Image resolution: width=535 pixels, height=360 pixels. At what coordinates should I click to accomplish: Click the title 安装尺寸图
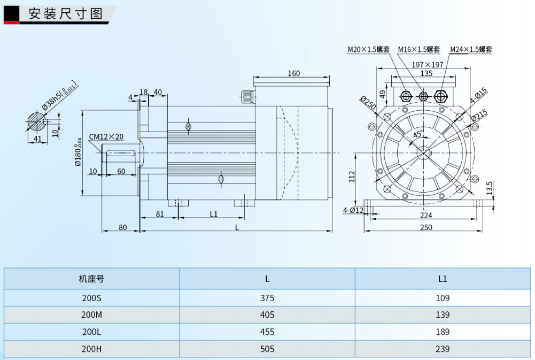point(65,14)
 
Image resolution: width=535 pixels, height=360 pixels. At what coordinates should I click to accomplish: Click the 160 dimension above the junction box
point(293,73)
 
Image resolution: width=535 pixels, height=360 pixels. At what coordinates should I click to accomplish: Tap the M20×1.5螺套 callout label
point(368,50)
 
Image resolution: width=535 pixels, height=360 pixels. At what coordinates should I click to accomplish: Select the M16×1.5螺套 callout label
point(418,50)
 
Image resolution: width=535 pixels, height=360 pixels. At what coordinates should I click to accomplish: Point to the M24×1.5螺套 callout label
point(470,50)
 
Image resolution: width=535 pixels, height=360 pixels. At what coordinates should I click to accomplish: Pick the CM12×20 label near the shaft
point(106,136)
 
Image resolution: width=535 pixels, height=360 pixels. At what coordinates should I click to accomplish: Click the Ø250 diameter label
point(368,103)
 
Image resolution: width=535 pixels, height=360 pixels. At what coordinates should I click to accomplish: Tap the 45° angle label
point(418,134)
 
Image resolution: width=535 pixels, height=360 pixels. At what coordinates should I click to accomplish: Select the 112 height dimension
point(351,177)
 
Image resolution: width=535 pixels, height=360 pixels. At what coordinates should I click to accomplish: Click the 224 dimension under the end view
point(426,216)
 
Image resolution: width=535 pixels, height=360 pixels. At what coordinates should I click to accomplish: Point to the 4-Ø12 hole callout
point(353,210)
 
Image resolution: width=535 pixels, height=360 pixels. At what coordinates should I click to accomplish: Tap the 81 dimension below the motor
point(159,214)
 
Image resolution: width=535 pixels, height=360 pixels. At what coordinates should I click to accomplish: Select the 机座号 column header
point(91,279)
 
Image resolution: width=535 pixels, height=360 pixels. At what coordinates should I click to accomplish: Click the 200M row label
point(91,315)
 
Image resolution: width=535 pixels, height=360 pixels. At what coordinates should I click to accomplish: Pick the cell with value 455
point(267,332)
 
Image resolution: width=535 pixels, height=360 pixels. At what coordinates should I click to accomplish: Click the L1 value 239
point(443,349)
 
